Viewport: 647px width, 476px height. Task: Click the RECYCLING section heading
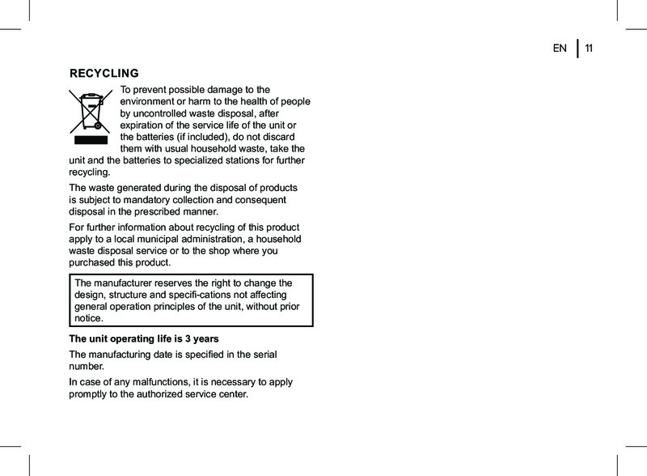click(104, 73)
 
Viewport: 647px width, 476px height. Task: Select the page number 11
click(589, 49)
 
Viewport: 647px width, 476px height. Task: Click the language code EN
click(560, 49)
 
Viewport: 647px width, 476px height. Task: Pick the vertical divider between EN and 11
click(577, 49)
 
